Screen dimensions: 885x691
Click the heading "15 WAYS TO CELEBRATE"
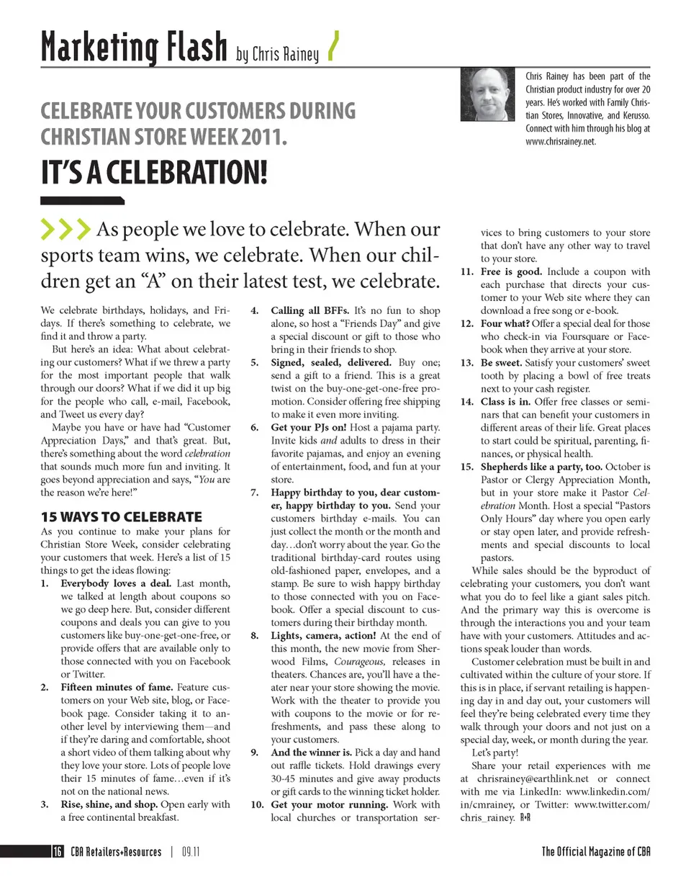[121, 516]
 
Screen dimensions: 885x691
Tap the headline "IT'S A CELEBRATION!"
[153, 173]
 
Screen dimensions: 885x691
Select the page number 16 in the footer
[57, 852]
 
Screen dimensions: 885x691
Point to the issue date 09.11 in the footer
[191, 852]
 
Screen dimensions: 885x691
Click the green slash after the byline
[333, 47]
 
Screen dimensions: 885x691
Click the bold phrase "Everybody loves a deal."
[116, 583]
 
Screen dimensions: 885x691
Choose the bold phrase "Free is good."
[512, 272]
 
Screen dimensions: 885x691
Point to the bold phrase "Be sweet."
[502, 363]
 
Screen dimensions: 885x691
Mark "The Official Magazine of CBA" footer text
[595, 852]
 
